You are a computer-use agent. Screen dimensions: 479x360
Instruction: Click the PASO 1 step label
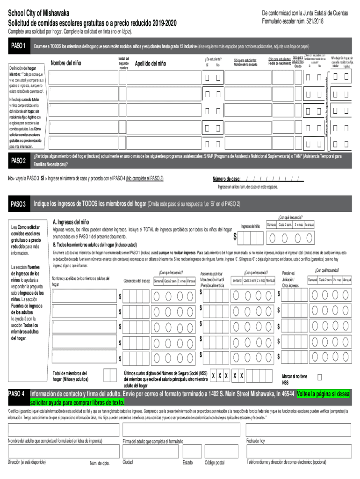18,46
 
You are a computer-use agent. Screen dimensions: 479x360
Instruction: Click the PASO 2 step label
18,161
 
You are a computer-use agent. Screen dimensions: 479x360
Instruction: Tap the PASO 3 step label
18,204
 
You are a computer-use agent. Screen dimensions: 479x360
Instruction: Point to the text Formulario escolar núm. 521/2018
293,22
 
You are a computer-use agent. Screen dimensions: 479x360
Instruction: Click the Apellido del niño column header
150,64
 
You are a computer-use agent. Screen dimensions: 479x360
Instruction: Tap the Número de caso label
227,179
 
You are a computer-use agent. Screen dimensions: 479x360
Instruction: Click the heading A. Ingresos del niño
71,222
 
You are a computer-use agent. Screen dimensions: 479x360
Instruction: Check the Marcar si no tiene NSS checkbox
320,377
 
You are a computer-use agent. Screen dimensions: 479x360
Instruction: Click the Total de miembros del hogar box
110,376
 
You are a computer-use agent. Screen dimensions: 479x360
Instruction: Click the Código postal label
215,463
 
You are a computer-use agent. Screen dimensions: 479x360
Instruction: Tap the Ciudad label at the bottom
128,462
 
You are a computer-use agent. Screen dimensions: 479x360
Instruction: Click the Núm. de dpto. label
99,463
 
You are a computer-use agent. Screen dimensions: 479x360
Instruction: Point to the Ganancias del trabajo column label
137,281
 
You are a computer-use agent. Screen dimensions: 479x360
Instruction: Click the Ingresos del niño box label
251,226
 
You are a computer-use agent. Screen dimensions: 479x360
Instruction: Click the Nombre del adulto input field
63,430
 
